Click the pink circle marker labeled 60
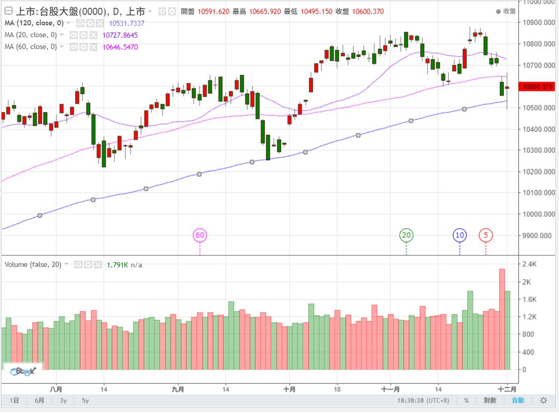pos(200,235)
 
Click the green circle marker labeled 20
pos(406,235)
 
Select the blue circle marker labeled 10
pos(459,235)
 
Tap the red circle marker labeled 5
pos(486,235)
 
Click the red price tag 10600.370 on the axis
pos(538,86)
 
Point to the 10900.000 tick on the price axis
pos(538,23)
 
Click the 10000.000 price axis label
pos(538,214)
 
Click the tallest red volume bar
pos(502,319)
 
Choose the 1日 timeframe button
pos(14,401)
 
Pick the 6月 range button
pos(39,401)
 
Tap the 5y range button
pos(85,401)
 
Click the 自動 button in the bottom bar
pos(518,400)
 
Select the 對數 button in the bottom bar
pos(490,400)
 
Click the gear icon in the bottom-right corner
pos(543,400)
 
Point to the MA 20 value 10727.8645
pos(120,35)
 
